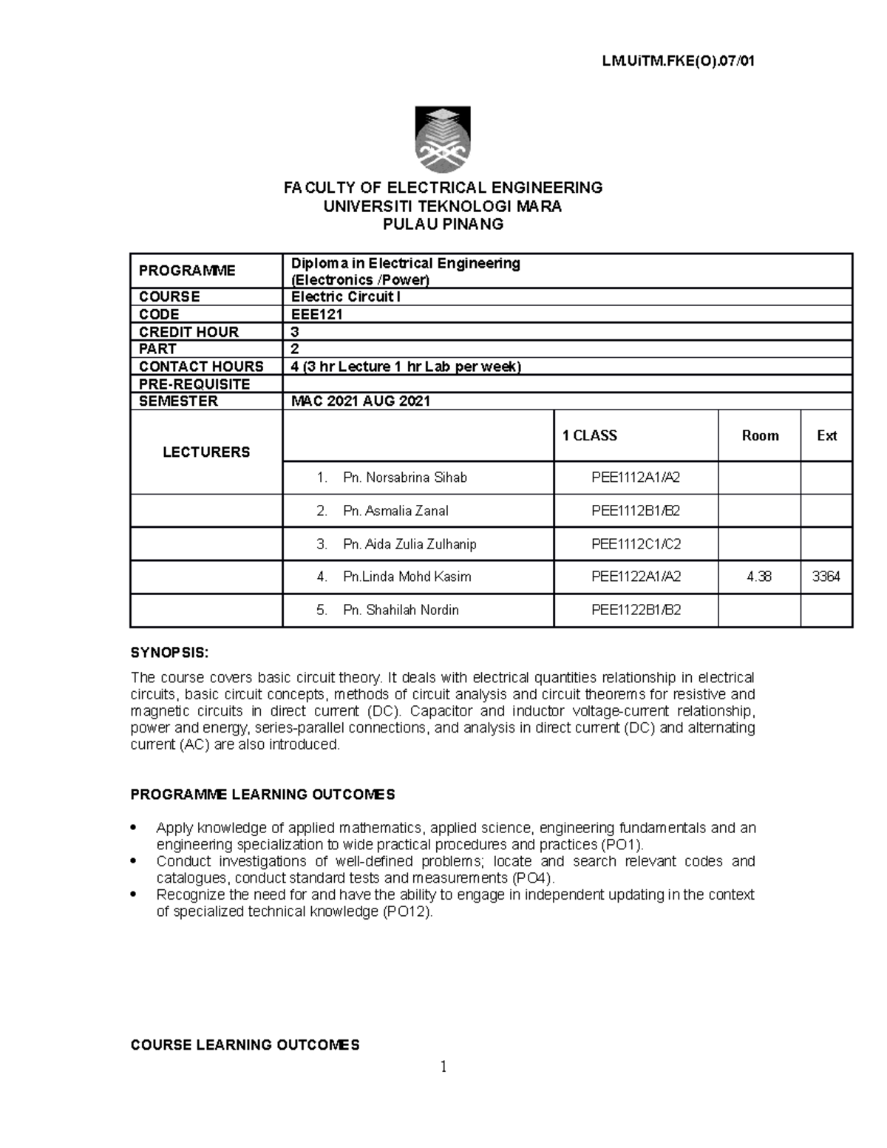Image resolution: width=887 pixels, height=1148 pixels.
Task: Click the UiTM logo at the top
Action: pos(443,140)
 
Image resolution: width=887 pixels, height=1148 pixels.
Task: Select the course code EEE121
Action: pos(316,314)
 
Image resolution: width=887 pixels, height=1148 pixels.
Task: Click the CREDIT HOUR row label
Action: pos(188,332)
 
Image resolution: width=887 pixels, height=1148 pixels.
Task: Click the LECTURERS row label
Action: pos(205,452)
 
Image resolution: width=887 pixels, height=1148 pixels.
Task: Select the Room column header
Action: pos(760,436)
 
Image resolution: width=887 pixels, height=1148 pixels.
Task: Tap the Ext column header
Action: pos(826,436)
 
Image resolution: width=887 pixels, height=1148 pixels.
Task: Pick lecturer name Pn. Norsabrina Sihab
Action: pos(405,478)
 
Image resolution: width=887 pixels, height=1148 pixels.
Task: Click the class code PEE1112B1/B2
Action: pos(636,511)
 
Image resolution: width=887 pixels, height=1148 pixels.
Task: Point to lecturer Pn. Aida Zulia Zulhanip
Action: pos(409,544)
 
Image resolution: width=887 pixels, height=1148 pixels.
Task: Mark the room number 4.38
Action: pos(759,577)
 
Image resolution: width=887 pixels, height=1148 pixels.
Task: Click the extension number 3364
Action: pos(826,577)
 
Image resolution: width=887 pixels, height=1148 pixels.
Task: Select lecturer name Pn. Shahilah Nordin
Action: pos(401,610)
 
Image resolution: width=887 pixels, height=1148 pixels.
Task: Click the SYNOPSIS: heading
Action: pos(169,653)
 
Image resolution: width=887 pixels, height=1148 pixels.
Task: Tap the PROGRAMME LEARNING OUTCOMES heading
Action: pos(262,795)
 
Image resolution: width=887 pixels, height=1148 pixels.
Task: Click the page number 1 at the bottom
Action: pos(443,1067)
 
